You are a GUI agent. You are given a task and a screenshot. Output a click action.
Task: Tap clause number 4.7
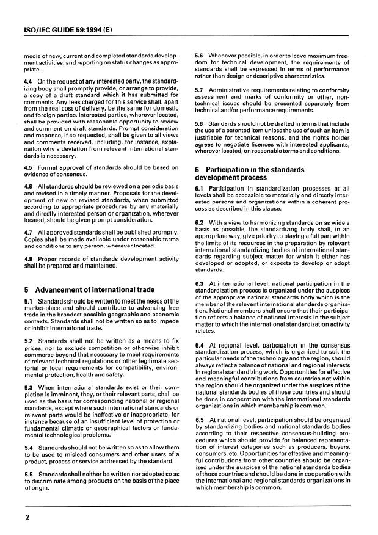(27, 233)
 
